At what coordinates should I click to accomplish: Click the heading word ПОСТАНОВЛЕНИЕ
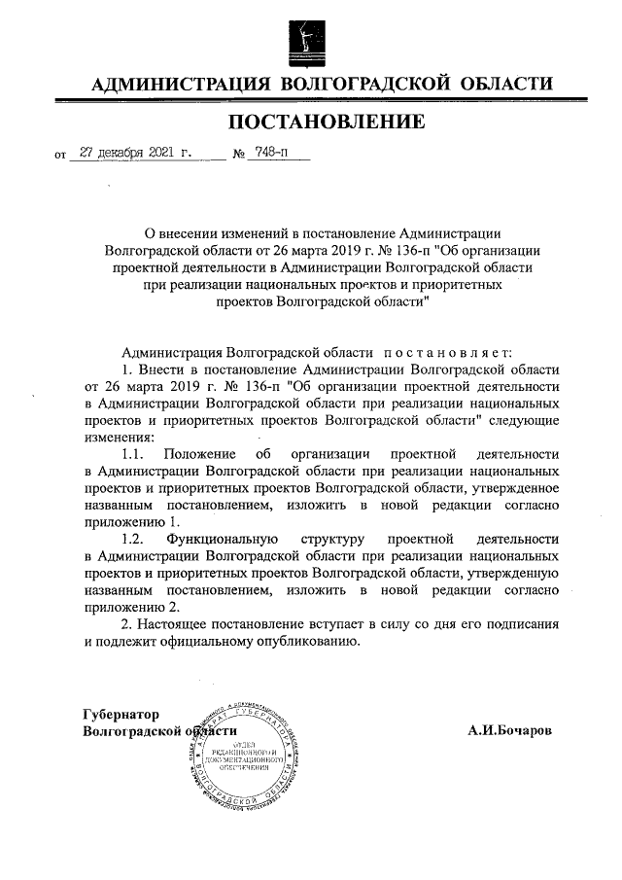pos(327,123)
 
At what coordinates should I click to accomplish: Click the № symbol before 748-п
pos(237,155)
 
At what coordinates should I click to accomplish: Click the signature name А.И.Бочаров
pos(509,730)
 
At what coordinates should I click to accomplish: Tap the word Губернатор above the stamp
pos(121,714)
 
